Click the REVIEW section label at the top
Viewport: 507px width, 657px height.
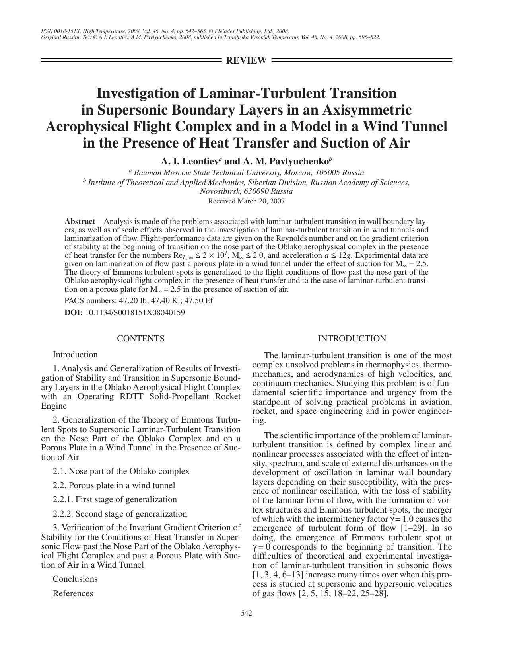point(246,60)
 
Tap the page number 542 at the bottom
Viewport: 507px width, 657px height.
point(247,613)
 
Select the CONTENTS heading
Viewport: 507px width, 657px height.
point(140,339)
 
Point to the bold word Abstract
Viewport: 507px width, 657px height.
point(80,222)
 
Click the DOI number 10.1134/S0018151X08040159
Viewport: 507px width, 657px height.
point(135,312)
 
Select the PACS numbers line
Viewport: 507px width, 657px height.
point(138,300)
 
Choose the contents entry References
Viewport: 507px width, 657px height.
point(73,593)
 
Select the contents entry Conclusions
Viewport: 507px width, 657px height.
point(75,579)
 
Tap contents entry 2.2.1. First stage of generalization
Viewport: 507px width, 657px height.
point(115,499)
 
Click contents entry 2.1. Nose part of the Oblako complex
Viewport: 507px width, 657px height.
point(121,471)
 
